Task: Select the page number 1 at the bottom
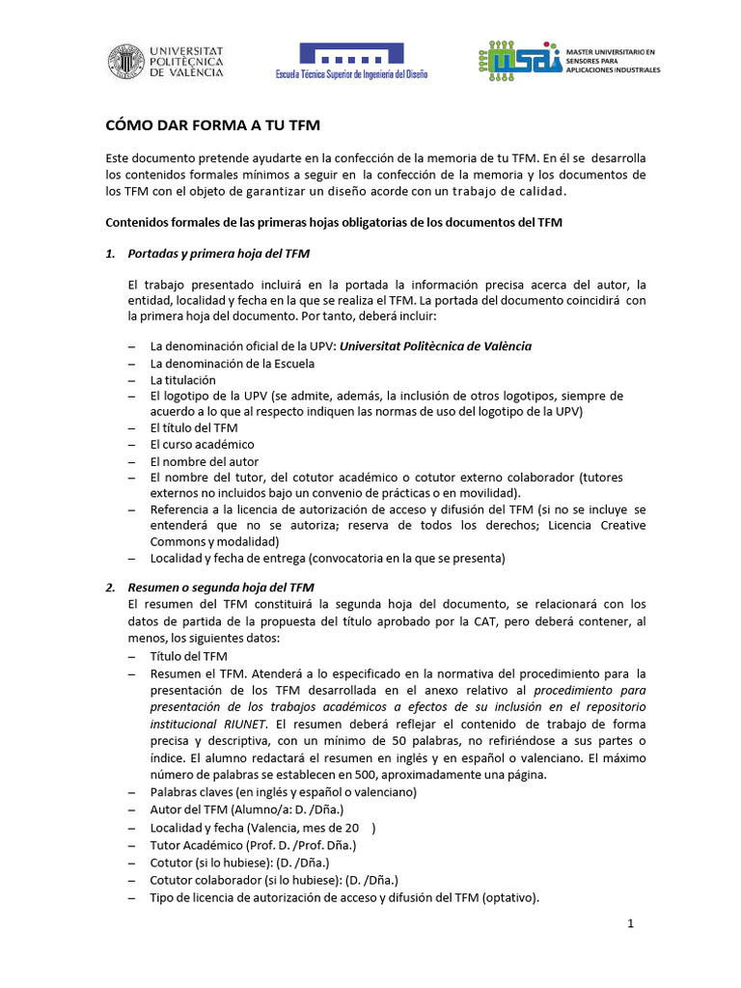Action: coord(630,923)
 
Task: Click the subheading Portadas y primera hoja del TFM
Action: coord(219,254)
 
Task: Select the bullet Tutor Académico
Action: coord(251,845)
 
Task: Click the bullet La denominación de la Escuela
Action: coord(233,363)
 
